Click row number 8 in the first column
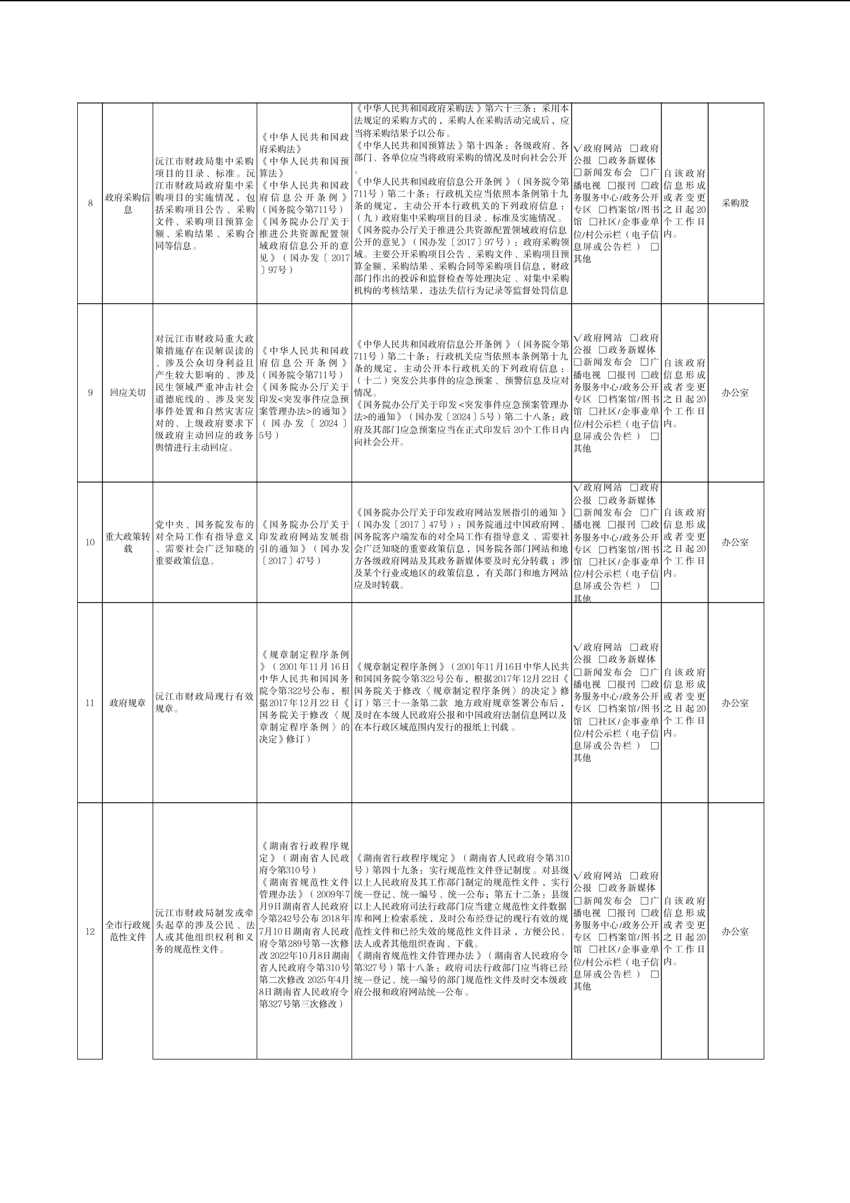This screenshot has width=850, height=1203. coord(90,203)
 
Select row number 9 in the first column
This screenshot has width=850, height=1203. coord(90,393)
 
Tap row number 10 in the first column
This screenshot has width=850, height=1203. coord(90,542)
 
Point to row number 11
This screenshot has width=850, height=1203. coord(90,703)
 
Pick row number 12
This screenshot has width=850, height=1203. coord(90,931)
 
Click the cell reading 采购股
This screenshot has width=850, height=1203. coord(735,203)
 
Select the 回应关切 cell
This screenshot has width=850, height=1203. coord(127,393)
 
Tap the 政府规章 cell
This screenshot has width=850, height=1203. coord(127,703)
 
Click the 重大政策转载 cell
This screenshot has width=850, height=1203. coord(127,543)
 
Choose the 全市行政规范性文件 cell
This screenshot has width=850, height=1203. coord(127,931)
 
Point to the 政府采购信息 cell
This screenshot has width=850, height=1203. coord(127,203)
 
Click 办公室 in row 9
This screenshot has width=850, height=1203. coord(735,393)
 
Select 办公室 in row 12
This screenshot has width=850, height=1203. coord(735,931)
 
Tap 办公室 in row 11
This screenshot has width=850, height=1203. coord(735,703)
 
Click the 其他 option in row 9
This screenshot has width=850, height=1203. coord(582,449)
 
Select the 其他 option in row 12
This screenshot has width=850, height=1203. coord(582,986)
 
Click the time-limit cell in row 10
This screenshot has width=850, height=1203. coord(684,543)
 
